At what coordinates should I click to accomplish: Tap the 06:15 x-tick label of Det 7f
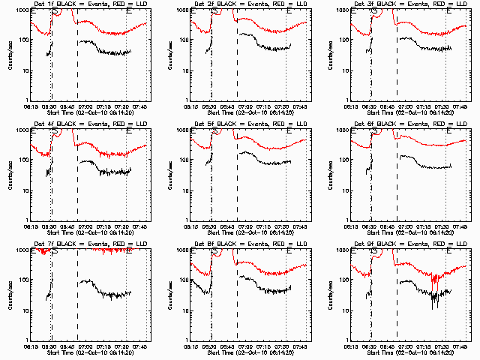pos(31,346)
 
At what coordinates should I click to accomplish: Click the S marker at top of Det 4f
pos(55,131)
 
